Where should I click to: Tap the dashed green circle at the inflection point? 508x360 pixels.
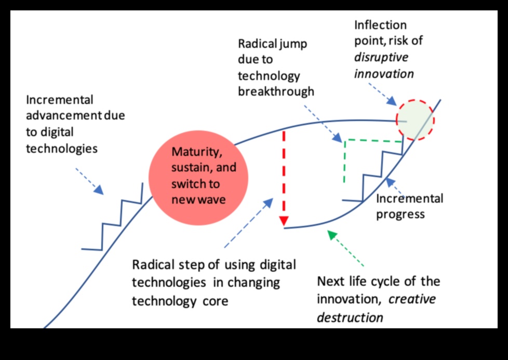coord(415,120)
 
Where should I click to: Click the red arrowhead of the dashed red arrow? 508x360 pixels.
coord(283,221)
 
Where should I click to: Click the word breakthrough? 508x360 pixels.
coord(276,91)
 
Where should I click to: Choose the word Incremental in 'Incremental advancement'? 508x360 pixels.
coord(59,100)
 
